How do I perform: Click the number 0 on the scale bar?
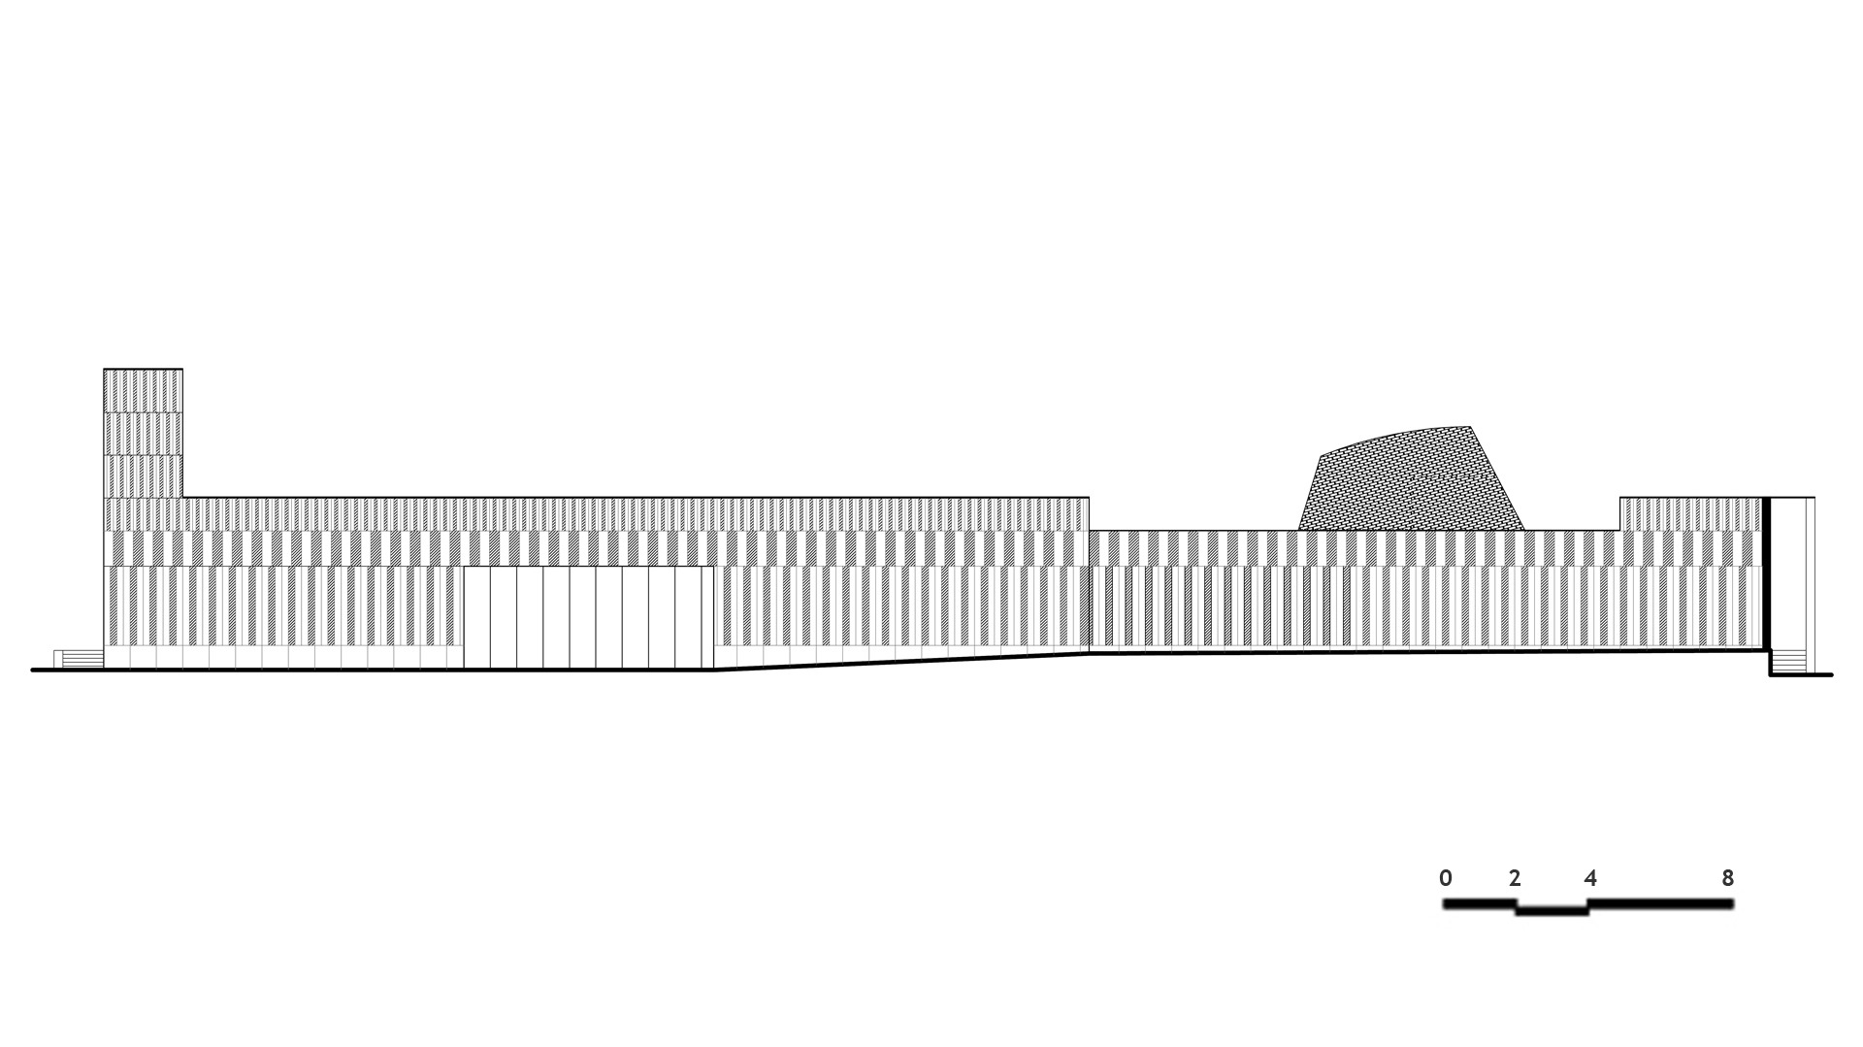[x=1446, y=878]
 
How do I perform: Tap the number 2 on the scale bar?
[x=1515, y=878]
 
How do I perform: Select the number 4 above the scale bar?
[x=1590, y=878]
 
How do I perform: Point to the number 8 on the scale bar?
[x=1727, y=878]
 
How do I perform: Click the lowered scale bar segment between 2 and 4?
[x=1552, y=911]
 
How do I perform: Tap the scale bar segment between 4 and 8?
[x=1661, y=903]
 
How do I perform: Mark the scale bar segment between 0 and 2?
[x=1480, y=903]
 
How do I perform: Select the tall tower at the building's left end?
[x=143, y=433]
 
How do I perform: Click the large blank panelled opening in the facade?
[x=588, y=618]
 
